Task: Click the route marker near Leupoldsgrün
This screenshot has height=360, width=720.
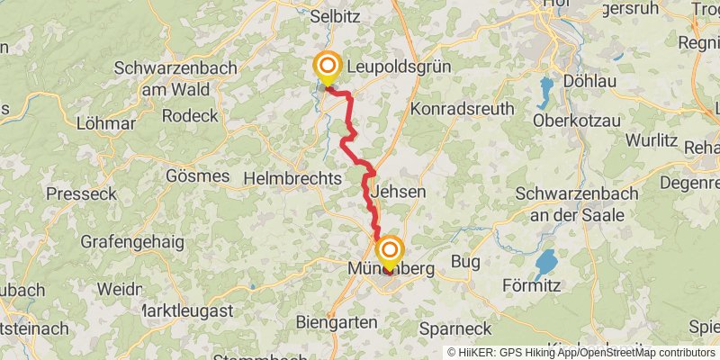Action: [x=327, y=67]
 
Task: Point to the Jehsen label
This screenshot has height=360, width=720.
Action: [x=398, y=192]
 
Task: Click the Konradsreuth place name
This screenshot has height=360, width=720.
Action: [x=462, y=108]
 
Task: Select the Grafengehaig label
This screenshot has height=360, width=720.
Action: [x=132, y=242]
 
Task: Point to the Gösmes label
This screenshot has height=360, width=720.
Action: [x=198, y=175]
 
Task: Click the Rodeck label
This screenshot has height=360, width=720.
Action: [x=190, y=115]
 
